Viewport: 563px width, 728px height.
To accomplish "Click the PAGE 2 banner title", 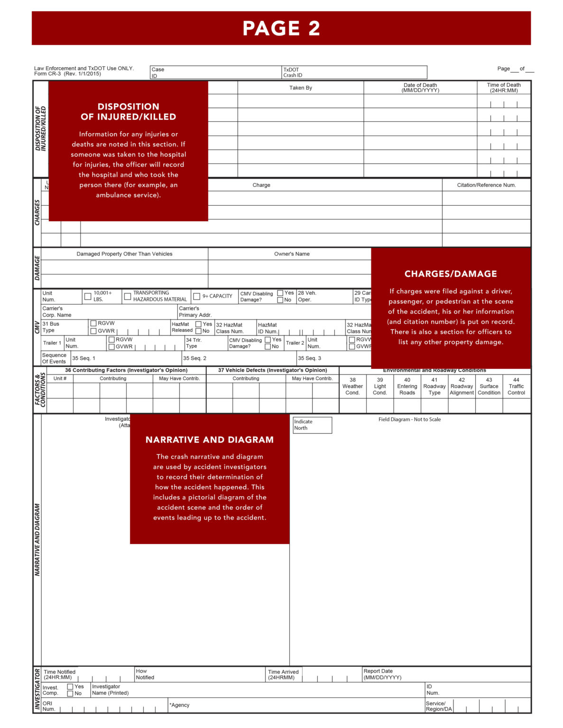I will pos(281,28).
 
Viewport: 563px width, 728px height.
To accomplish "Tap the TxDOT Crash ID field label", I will pos(292,73).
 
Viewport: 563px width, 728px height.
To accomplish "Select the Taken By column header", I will pos(301,88).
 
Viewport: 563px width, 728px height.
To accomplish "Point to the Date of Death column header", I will pos(420,88).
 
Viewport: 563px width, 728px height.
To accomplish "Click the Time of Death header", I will pos(504,88).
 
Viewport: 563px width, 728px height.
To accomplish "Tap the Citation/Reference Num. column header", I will pos(486,185).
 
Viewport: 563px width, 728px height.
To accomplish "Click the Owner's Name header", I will pos(292,254).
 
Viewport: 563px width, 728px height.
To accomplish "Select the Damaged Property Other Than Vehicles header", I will pos(124,254).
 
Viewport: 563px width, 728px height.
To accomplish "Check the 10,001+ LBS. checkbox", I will pos(88,297).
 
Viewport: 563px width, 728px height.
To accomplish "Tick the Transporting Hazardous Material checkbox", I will pos(128,297).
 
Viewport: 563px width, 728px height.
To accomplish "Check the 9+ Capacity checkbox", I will pos(197,297).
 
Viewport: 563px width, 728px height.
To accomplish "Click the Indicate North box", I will pos(312,425).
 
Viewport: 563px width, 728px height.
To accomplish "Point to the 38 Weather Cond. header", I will pos(352,386).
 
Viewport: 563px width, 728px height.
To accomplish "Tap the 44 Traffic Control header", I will pos(516,386).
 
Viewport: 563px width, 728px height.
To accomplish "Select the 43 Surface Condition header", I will pos(489,386).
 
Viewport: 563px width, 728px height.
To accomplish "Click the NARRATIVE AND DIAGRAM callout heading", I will pos(210,440).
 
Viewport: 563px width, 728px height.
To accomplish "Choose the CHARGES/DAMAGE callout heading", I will pos(451,274).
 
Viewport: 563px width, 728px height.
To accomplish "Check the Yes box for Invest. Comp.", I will pos(70,687).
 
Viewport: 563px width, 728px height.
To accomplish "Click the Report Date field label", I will pos(382,674).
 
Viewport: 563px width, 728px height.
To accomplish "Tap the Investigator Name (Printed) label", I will pos(110,690).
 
